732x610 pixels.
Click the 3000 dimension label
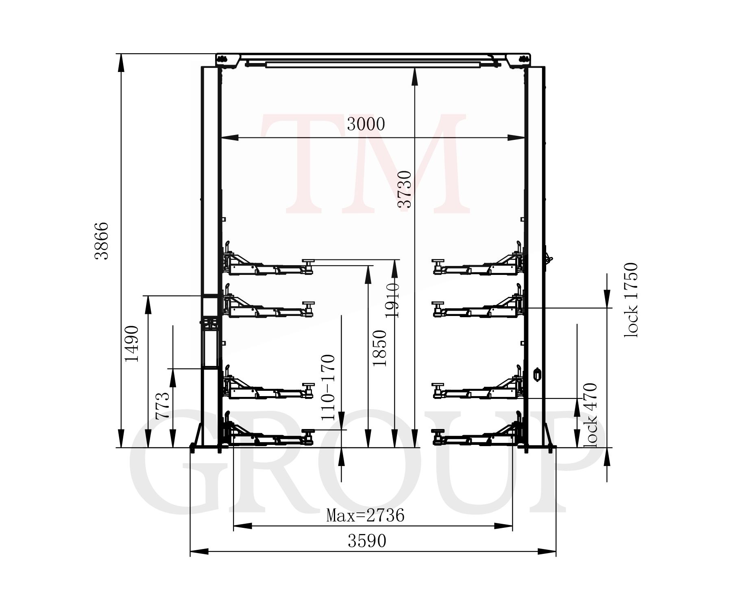click(x=366, y=124)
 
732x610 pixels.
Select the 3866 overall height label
click(x=101, y=241)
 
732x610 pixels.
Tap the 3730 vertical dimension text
click(x=405, y=190)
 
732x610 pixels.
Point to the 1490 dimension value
click(x=132, y=344)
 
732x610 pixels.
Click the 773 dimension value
click(x=162, y=406)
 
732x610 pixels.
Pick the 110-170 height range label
click(x=328, y=388)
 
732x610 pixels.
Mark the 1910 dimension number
click(x=392, y=300)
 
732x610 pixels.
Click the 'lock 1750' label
click(x=631, y=300)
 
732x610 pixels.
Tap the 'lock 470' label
click(x=590, y=415)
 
